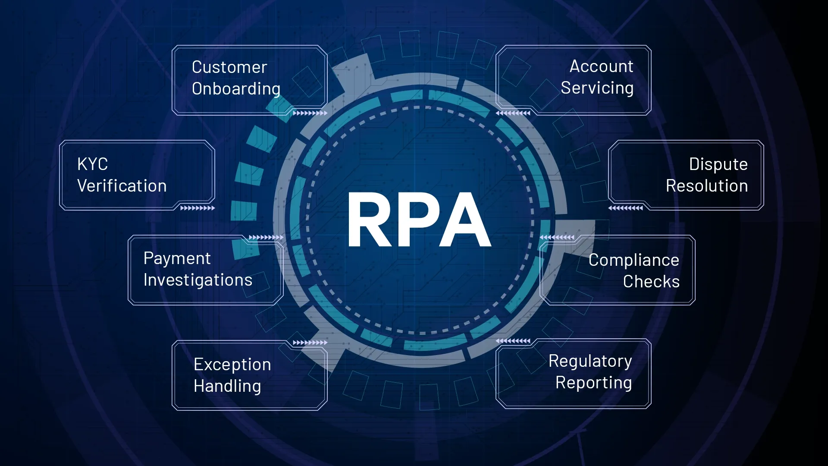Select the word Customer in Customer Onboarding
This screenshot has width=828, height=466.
(229, 67)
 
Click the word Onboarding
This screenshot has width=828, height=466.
(236, 89)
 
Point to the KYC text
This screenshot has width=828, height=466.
(92, 164)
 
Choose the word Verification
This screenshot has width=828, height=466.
(122, 186)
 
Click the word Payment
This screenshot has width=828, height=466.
(177, 258)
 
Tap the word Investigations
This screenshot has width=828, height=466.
(198, 280)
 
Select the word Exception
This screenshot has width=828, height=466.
(232, 365)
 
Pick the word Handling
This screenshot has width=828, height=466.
(227, 386)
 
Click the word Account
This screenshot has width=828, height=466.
(601, 66)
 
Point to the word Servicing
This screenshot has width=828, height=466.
(597, 88)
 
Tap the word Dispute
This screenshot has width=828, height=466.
(718, 164)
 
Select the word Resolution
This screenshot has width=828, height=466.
(706, 186)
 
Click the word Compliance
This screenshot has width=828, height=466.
(634, 260)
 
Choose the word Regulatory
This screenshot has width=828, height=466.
(590, 361)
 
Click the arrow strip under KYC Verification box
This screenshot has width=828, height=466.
(198, 208)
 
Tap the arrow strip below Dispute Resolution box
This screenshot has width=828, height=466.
(625, 208)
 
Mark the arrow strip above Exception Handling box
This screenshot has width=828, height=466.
(310, 343)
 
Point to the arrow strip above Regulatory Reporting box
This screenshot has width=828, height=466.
(513, 341)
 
